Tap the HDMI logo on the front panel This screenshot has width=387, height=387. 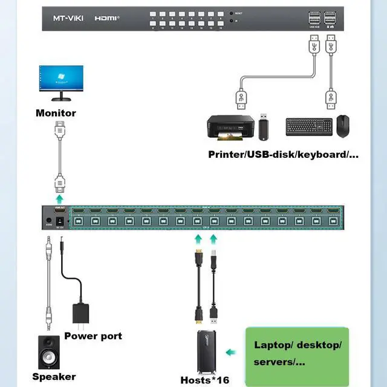click(108, 18)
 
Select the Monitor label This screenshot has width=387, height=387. click(56, 113)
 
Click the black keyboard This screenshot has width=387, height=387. click(308, 126)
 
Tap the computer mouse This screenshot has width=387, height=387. click(344, 125)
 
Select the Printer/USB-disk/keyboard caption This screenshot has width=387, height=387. click(283, 155)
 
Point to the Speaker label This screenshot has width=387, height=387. click(54, 377)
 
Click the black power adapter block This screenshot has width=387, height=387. click(85, 313)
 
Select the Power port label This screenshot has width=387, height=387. click(93, 336)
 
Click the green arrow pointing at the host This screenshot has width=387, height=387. click(230, 353)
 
